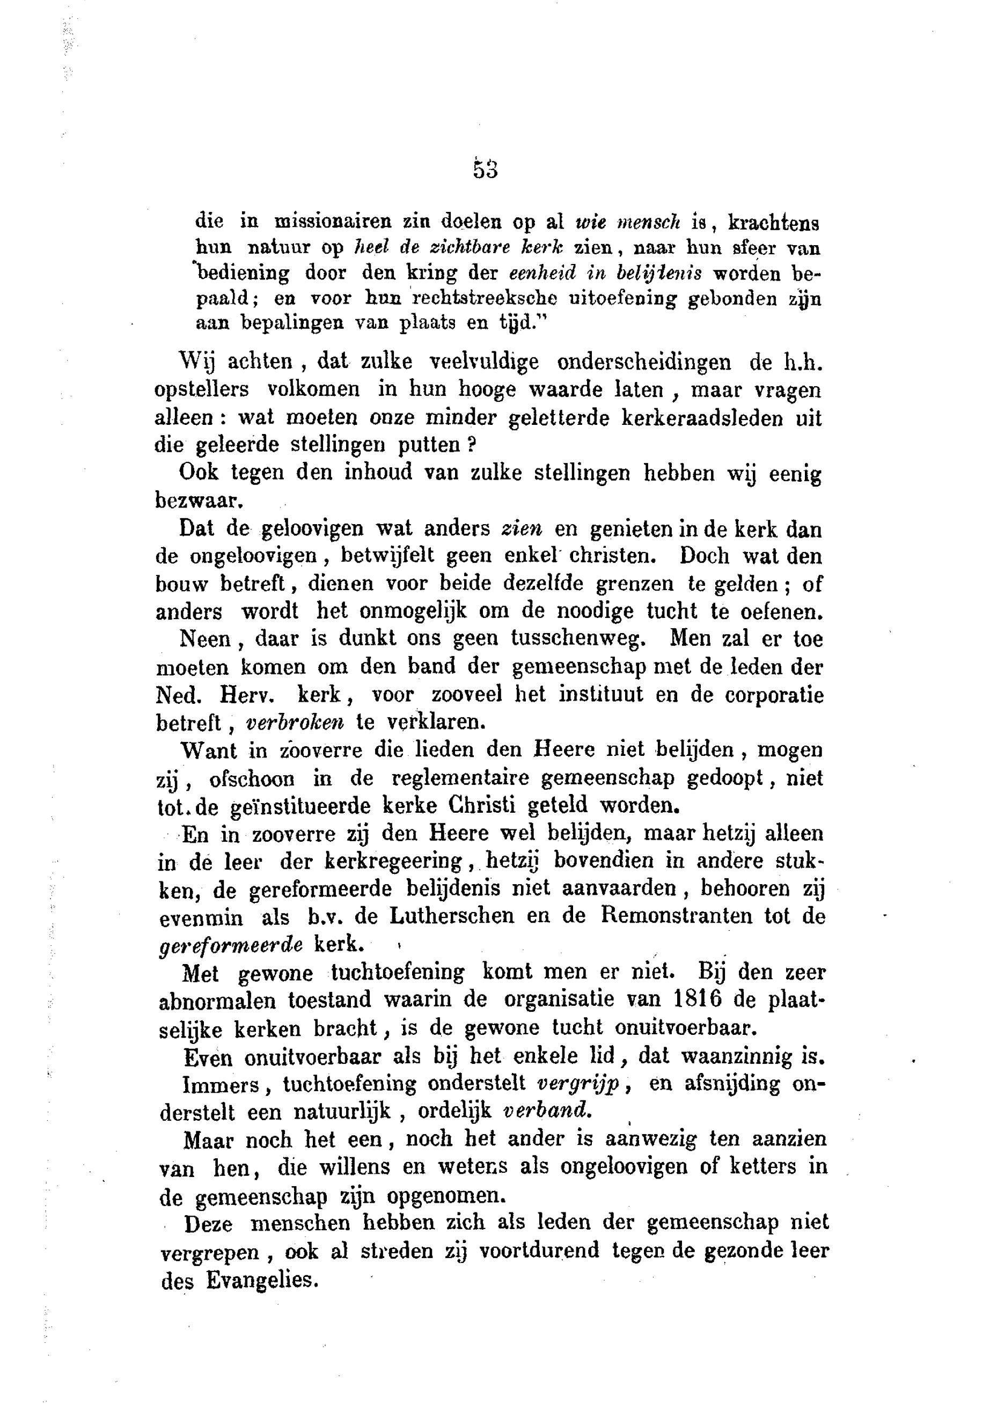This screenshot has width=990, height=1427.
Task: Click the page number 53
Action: [x=485, y=170]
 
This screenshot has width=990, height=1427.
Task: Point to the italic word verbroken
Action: [x=295, y=723]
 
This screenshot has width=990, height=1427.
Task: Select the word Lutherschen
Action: [x=452, y=915]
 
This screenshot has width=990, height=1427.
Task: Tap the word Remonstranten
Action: [x=676, y=915]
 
